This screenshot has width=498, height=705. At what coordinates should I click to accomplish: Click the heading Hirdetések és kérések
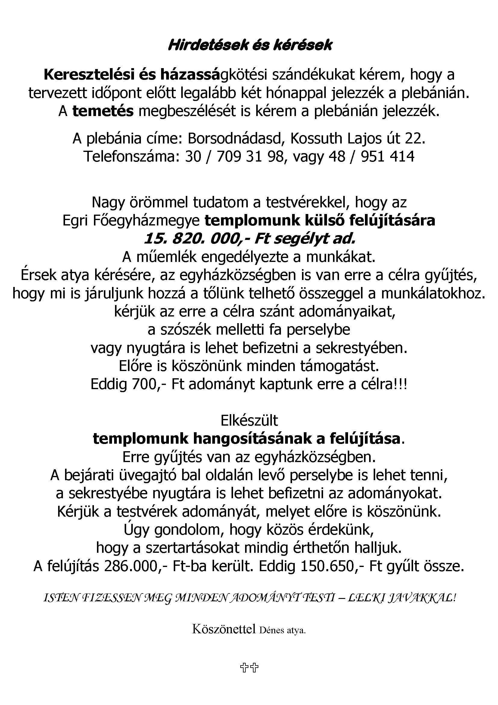point(250,46)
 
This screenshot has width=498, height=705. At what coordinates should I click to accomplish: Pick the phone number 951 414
point(388,157)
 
